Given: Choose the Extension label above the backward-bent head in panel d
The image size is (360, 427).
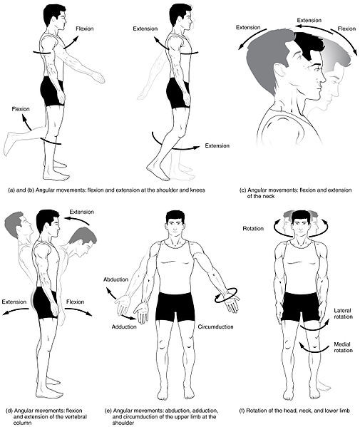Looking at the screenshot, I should [80, 212].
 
